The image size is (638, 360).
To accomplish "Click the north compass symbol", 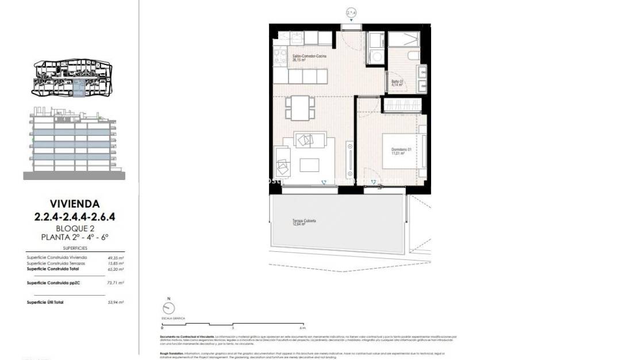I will (x=168, y=307).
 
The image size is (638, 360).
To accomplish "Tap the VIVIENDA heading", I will (x=75, y=204).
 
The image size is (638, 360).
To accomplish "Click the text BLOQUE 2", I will (x=75, y=228).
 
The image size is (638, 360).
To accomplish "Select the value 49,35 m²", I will (x=116, y=258).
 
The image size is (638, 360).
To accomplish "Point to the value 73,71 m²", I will (x=116, y=283).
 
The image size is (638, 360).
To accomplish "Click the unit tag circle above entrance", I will (x=352, y=12).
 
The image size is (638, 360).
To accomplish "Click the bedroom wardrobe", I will (x=402, y=105).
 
